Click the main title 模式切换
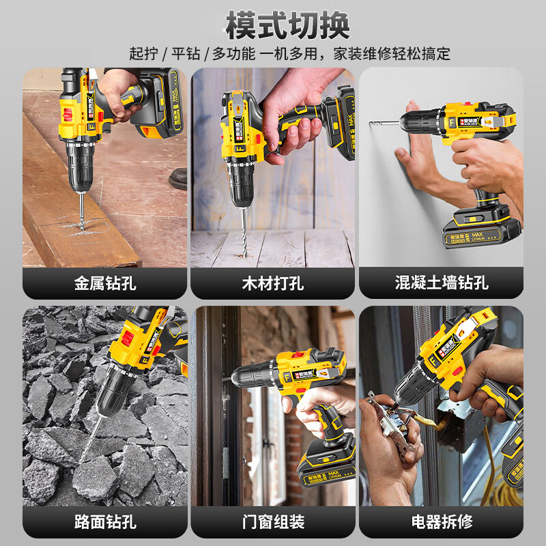pyautogui.click(x=287, y=25)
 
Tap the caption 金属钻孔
pyautogui.click(x=105, y=283)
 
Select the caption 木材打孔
pyautogui.click(x=273, y=283)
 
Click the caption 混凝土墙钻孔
pyautogui.click(x=441, y=283)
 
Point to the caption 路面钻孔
pyautogui.click(x=105, y=522)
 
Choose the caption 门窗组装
pyautogui.click(x=273, y=522)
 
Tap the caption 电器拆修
pyautogui.click(x=441, y=522)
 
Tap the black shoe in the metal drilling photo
pyautogui.click(x=179, y=179)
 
